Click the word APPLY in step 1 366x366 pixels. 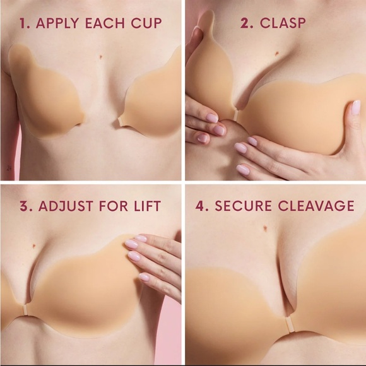coord(57,23)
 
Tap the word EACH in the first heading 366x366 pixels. coord(105,23)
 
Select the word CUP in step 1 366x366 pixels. coord(146,23)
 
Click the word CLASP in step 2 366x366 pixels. coord(283,23)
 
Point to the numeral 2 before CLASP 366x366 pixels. coord(245,23)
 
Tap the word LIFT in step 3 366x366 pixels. coord(147,206)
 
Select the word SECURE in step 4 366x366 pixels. coord(243,206)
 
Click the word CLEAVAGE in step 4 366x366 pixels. coord(316,206)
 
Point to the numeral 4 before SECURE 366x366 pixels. coord(200,206)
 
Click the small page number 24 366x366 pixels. coord(9,168)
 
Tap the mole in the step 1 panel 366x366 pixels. coord(101,56)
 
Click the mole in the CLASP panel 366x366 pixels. coord(277,53)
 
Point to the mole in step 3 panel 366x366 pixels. coord(35,245)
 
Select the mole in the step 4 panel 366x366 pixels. coord(265,227)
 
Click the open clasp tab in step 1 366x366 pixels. coord(121,121)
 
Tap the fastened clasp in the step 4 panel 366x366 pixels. coord(290,325)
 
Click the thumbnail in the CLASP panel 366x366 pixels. coord(355,107)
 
